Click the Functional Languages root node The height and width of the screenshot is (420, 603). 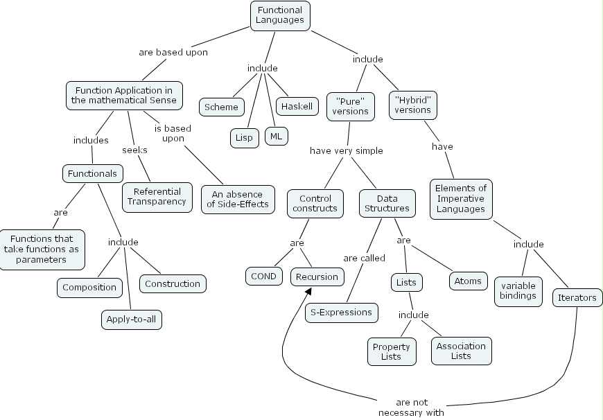[280, 15]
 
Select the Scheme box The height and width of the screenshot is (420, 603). [222, 107]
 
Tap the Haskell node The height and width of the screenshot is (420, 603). [297, 106]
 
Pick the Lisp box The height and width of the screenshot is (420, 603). [244, 137]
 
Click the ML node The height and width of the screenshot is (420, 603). [277, 136]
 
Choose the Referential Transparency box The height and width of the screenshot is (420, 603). [157, 197]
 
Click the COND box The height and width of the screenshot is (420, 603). [263, 276]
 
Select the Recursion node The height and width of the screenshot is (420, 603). [317, 277]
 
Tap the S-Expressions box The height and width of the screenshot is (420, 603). [342, 312]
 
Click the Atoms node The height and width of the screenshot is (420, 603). [468, 281]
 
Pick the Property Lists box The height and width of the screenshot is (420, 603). [392, 351]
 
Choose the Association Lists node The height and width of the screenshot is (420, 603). [462, 351]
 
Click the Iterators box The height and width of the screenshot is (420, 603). [577, 297]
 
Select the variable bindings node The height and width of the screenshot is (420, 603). [518, 290]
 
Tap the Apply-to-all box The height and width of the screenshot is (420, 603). [132, 320]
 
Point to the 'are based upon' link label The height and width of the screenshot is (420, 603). [173, 52]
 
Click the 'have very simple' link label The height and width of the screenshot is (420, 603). [346, 150]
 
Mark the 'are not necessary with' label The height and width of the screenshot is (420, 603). [411, 407]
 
